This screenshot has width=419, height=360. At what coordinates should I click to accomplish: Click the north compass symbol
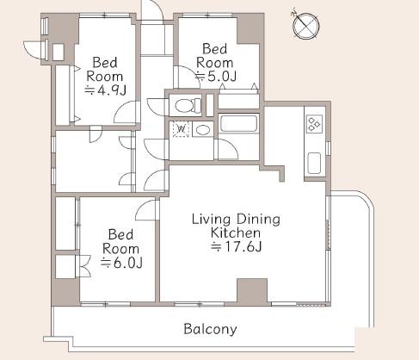tap(305, 25)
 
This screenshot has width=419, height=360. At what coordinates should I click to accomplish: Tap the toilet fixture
tap(188, 105)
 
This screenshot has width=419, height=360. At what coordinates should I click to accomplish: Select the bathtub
tap(238, 123)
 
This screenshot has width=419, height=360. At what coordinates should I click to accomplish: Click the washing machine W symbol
tap(182, 128)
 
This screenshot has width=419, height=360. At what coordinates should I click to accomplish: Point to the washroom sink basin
tap(202, 129)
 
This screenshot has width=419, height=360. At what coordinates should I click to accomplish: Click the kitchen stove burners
tap(314, 124)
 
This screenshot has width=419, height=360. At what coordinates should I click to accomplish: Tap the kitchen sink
tap(314, 163)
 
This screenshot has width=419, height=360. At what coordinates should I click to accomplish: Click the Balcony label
tap(210, 329)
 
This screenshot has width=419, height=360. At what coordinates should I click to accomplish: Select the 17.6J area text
tap(236, 247)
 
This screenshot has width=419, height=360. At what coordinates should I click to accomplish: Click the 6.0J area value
tap(121, 263)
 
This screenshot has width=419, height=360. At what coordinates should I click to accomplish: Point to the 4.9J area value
tap(105, 90)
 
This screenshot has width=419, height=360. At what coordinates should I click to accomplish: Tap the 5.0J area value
tap(215, 77)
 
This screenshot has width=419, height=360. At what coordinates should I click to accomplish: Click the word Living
tap(211, 220)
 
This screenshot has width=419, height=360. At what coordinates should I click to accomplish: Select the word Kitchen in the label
tap(236, 233)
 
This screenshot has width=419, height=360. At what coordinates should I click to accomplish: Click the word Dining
tap(258, 220)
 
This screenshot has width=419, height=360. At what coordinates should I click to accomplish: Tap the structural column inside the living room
tap(252, 290)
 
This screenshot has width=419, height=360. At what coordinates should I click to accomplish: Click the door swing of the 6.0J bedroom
tap(146, 210)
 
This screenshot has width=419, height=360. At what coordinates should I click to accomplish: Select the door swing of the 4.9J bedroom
tap(127, 113)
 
